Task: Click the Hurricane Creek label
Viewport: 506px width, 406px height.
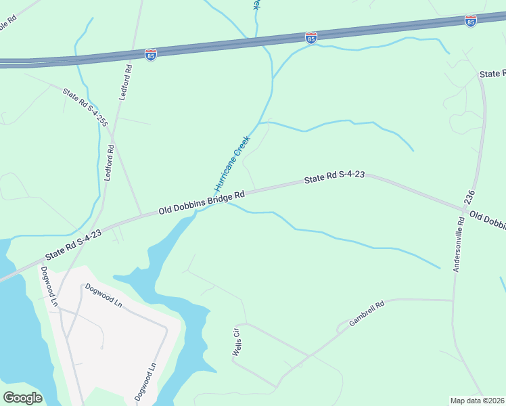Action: [x=233, y=163]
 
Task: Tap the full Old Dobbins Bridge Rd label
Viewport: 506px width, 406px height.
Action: [x=201, y=202]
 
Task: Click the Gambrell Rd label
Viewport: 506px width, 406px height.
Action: [x=367, y=315]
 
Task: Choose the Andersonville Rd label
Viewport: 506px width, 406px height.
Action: [x=459, y=244]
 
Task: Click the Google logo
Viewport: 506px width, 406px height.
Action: [x=22, y=397]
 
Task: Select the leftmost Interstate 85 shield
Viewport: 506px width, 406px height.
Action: [x=151, y=54]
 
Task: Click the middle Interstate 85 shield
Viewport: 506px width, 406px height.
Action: [x=311, y=38]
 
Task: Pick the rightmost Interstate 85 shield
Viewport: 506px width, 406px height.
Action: [x=471, y=21]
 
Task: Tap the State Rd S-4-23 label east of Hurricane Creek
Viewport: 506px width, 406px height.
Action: [x=334, y=177]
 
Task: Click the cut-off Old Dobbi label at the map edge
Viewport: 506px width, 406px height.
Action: [x=487, y=221]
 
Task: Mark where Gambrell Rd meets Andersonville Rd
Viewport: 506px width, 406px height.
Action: [x=452, y=300]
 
